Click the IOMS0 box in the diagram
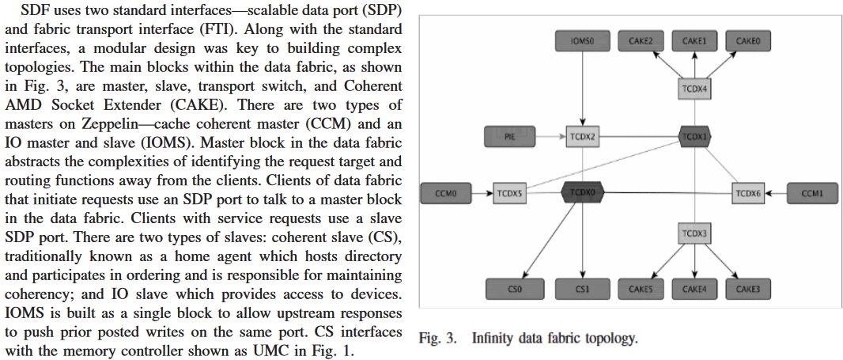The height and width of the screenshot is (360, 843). pos(580,40)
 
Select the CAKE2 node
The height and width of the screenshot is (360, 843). pos(641,40)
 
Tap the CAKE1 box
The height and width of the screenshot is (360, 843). pos(694,40)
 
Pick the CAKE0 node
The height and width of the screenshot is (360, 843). pos(747,40)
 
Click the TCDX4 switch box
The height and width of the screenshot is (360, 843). pos(694,89)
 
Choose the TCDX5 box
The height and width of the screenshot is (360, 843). pos(509,192)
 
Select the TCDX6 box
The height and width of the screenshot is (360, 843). pos(747,192)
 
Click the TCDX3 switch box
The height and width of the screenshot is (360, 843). pos(694,234)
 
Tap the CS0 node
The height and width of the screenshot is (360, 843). pos(513,290)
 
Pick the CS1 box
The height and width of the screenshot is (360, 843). pos(581,290)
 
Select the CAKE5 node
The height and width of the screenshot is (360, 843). pos(641,290)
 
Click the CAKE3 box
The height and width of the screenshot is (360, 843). pos(747,290)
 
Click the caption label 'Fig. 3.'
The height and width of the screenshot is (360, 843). pos(440,339)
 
